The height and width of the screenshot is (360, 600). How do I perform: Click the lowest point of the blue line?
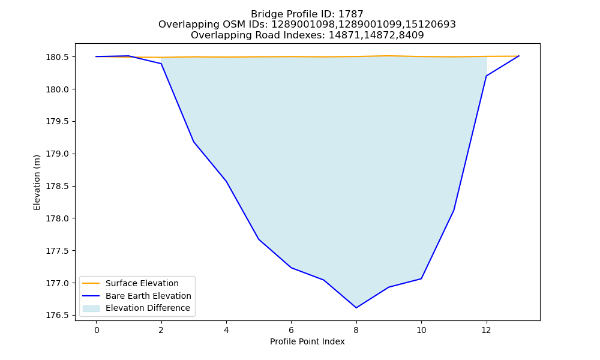pos(356,308)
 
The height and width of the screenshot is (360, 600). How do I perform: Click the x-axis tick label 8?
pos(356,330)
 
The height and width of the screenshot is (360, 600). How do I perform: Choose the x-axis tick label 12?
pos(487,330)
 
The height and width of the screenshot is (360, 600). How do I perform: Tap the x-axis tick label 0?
pos(97,330)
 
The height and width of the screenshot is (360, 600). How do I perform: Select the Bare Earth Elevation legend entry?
pos(137,296)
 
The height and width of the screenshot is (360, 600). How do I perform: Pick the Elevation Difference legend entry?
pos(136,308)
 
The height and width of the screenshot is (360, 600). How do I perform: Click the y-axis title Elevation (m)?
pos(37,182)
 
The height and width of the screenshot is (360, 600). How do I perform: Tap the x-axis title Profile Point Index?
pos(307,341)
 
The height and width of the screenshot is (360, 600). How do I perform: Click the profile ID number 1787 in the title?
pos(351,14)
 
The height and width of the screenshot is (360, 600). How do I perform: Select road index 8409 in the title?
pos(412,35)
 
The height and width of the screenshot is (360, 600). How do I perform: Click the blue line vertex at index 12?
pos(487,76)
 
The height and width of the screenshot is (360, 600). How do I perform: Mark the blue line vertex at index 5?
pos(259,239)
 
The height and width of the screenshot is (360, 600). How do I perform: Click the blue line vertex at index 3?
pos(194,142)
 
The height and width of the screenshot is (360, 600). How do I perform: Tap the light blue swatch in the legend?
pos(91,308)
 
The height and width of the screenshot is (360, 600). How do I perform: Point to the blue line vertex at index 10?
pos(421,278)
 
